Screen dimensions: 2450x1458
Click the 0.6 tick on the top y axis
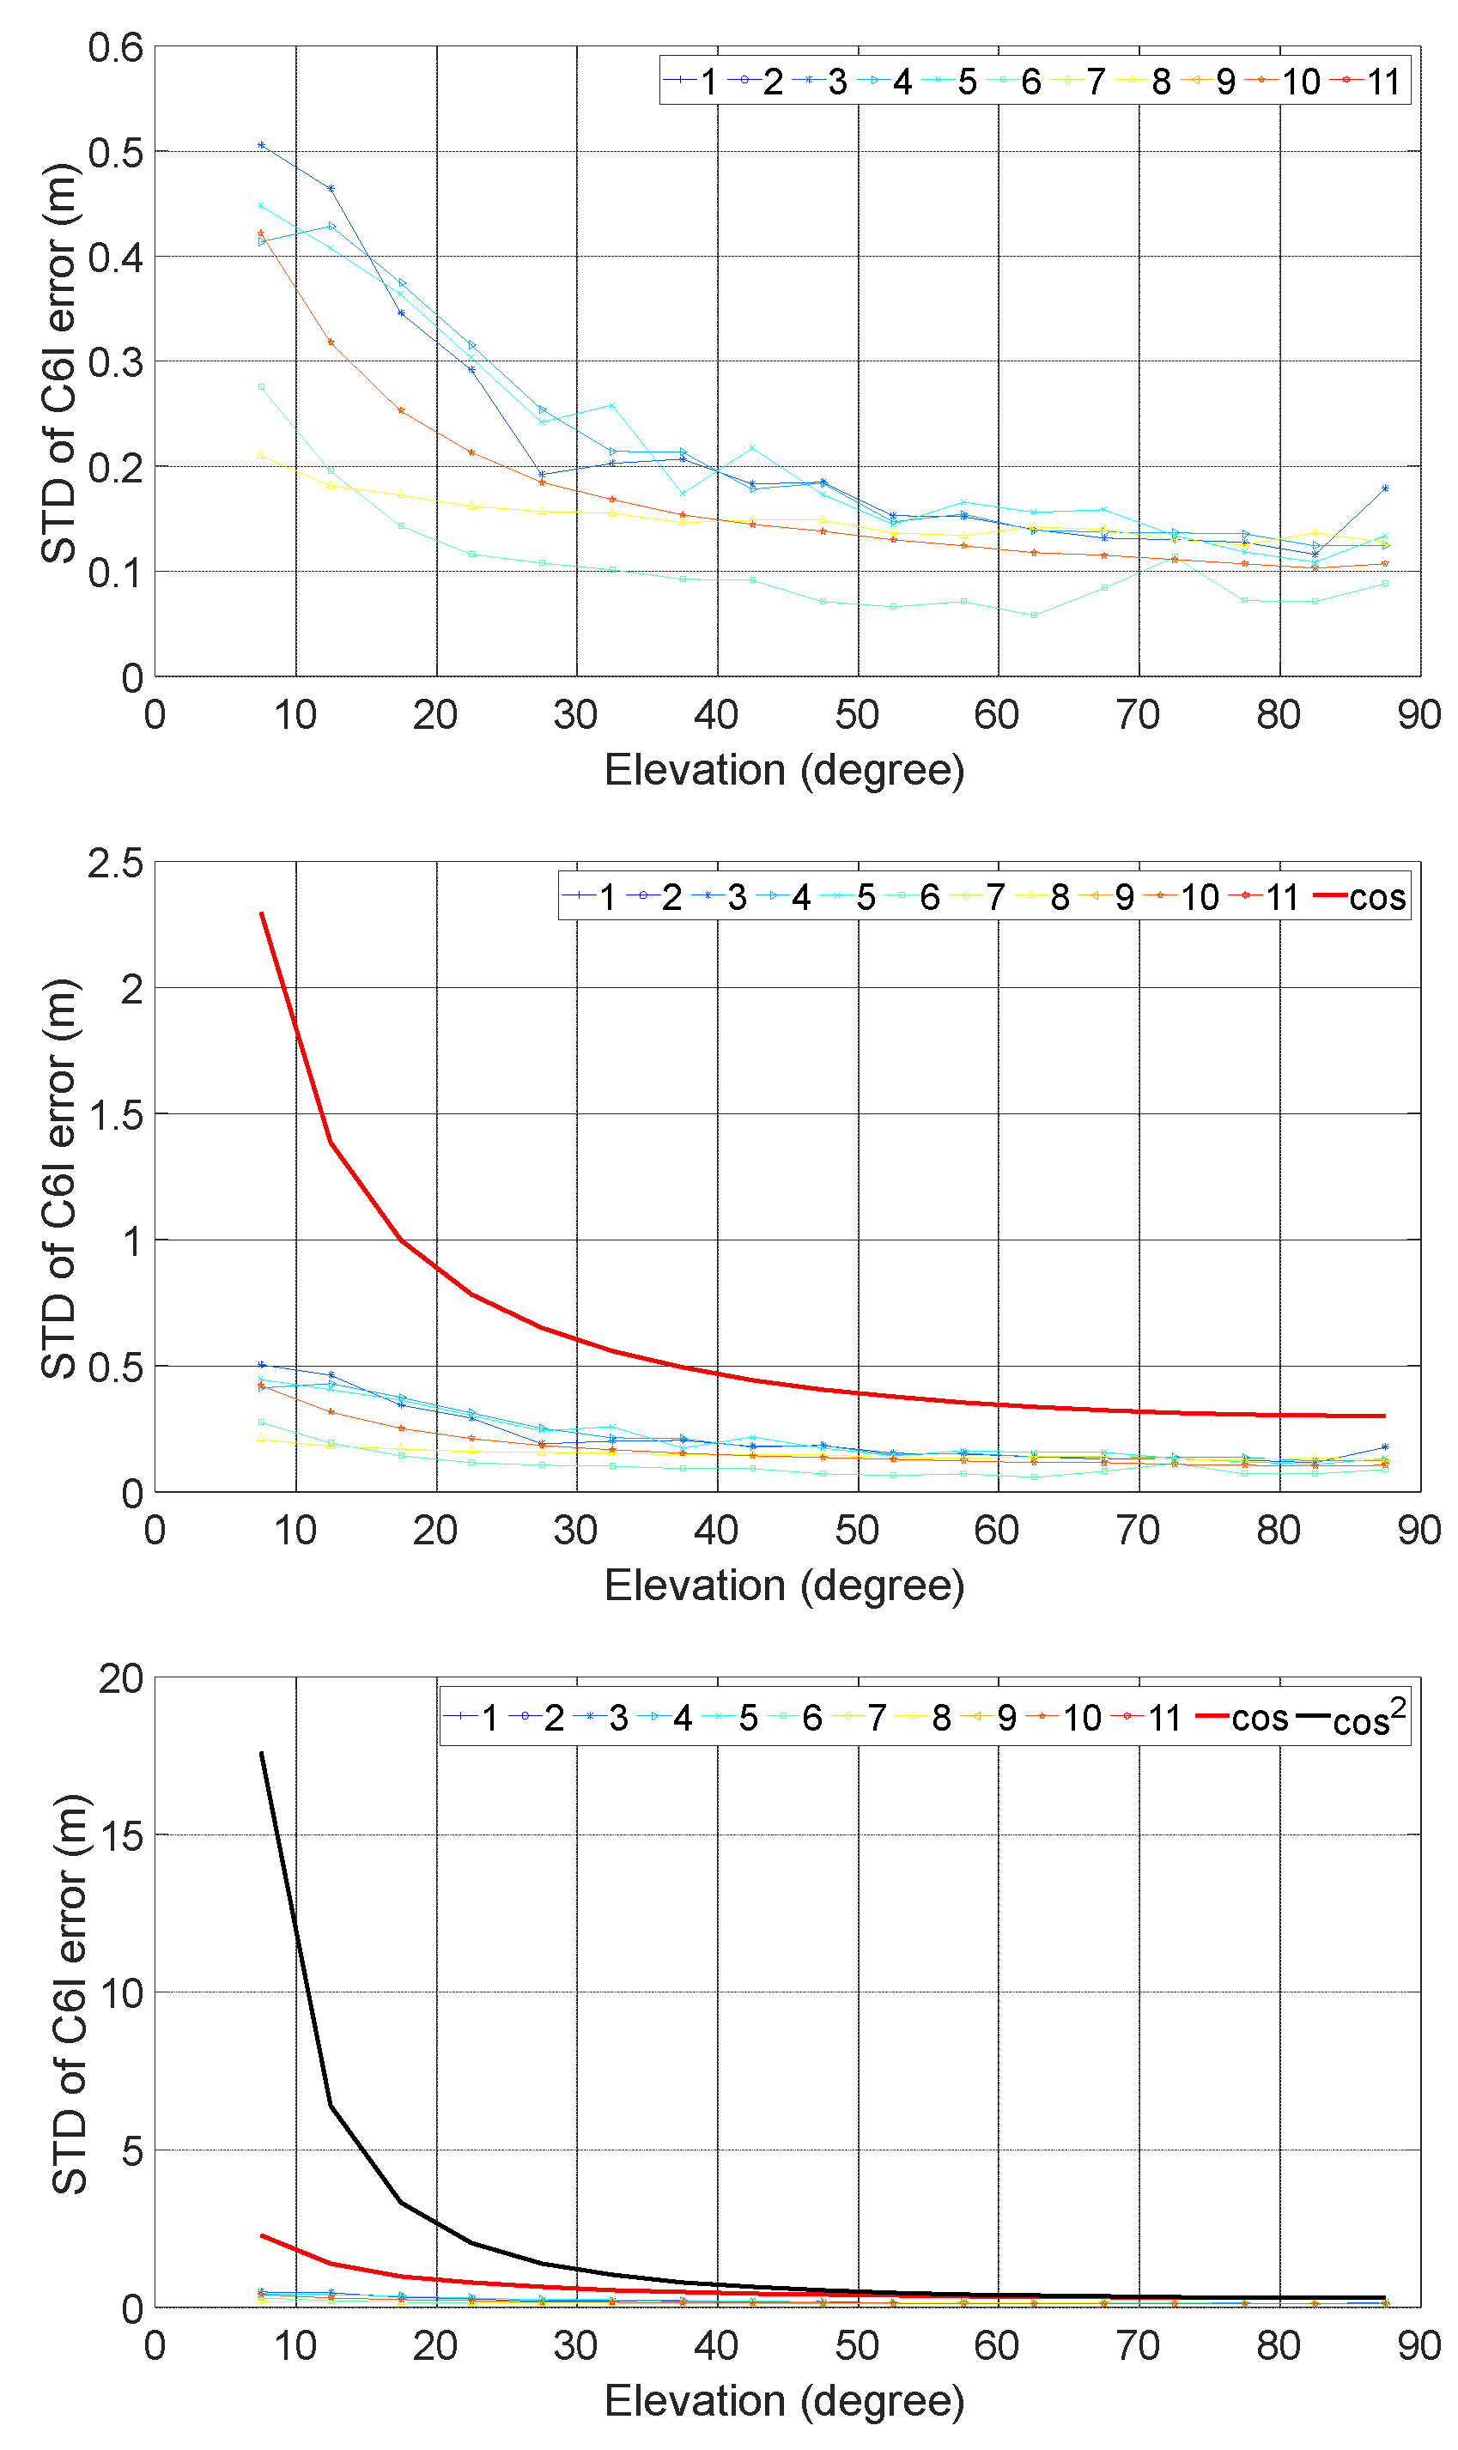pos(115,47)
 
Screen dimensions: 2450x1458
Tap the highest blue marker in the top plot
pos(261,145)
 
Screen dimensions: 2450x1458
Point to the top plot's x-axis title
pos(784,769)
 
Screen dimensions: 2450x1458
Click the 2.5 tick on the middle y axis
pos(115,863)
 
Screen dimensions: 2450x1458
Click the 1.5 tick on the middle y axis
pos(115,1115)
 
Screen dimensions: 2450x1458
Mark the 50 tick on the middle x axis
pos(857,1530)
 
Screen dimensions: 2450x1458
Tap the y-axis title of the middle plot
pos(59,1178)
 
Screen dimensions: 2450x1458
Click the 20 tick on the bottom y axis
pos(121,1679)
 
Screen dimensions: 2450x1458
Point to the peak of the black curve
pos(261,1753)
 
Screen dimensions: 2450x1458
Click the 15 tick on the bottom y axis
pos(121,1835)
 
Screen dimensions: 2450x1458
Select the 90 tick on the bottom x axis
pos(1419,2346)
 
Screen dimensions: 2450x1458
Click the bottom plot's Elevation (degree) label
pos(784,2400)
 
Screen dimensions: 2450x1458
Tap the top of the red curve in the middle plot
pos(261,913)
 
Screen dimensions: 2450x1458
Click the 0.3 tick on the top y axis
pos(115,362)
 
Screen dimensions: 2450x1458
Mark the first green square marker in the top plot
pos(261,387)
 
